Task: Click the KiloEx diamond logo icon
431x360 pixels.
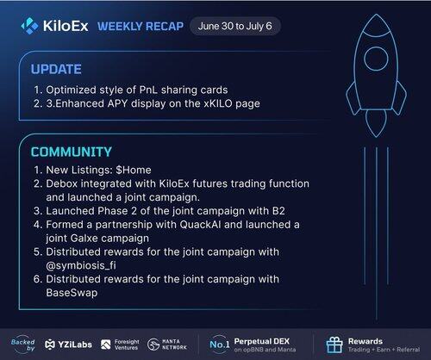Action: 29,26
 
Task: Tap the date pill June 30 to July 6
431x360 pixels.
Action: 235,26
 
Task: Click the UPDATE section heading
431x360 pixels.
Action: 56,69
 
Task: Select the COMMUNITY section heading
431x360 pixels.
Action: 72,152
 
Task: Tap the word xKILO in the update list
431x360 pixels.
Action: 218,103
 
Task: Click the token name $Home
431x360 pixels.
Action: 134,170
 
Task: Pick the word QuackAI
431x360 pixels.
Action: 200,225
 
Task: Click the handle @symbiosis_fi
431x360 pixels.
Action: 81,265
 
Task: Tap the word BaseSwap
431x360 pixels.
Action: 72,293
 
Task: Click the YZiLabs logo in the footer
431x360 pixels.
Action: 68,344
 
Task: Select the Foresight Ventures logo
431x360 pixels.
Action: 120,344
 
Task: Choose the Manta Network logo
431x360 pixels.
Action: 167,344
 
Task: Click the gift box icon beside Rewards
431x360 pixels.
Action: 334,344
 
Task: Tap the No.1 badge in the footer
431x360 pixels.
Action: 220,344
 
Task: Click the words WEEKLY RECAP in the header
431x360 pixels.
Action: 141,27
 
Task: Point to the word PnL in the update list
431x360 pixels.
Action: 148,90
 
